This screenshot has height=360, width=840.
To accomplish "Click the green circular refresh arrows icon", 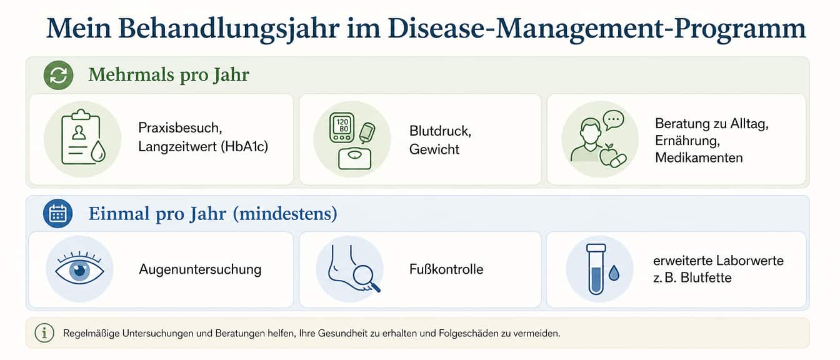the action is (58, 75).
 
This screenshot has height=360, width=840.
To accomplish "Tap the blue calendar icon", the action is (57, 213).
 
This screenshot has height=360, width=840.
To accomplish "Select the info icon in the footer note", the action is (44, 333).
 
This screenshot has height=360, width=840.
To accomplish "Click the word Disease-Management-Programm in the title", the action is (597, 29).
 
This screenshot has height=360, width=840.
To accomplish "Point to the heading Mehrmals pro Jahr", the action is (169, 74).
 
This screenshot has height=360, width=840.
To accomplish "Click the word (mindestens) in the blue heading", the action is (285, 214).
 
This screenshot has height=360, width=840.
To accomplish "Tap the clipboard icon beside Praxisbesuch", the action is (81, 137).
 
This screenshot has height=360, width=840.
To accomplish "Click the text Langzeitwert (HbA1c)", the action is (203, 146).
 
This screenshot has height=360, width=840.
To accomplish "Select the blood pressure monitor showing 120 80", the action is (342, 127).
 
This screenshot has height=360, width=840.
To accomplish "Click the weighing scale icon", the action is (354, 159).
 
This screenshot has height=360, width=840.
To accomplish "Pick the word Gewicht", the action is (434, 149).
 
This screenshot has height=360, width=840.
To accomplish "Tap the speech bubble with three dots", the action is (614, 120).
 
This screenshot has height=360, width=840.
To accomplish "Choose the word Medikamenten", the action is (699, 158).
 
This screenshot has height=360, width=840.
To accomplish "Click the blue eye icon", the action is (79, 269).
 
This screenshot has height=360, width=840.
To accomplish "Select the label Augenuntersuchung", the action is (200, 269).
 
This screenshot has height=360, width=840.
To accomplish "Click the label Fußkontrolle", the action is (446, 269).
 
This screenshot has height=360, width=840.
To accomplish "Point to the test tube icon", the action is (596, 269).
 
